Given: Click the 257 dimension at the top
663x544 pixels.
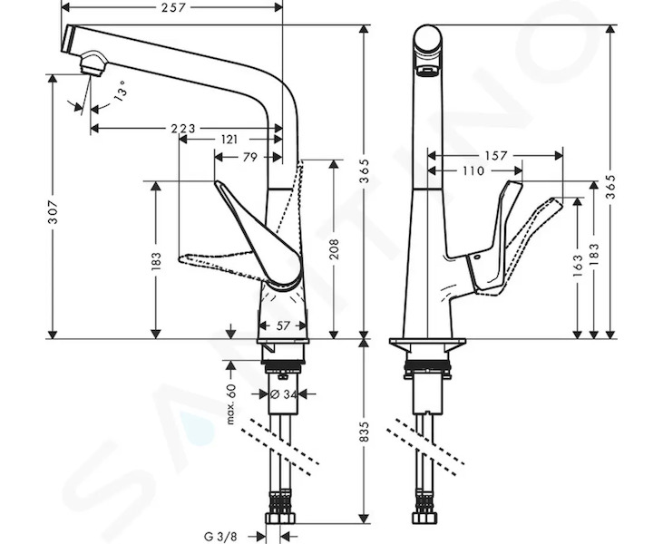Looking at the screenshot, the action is pos(173,7).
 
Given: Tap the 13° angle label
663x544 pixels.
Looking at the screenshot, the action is pos(121,92).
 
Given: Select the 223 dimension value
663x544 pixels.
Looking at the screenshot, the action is pos(183,129).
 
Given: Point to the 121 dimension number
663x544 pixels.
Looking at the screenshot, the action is pos(229,139).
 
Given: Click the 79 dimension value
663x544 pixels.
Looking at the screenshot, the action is pos(250,157).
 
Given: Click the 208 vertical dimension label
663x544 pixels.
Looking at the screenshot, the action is pos(334,249).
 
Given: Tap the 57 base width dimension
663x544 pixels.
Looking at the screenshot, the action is pos(283,325).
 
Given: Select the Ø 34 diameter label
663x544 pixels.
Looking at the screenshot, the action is pos(283,394).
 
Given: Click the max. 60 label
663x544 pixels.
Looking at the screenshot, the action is pos(230,404).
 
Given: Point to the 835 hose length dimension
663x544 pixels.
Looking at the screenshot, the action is pos(364,432).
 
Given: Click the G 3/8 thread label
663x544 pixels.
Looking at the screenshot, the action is pos(220,537).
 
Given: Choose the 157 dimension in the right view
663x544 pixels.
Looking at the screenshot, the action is pos(495,156).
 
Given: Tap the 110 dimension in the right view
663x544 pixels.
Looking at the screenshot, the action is pos(473,170).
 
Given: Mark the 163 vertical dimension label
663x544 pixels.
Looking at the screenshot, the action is pos(578,266).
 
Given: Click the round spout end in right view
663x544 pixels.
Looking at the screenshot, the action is pos(426,40).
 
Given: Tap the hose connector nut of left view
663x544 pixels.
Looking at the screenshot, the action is pos(279,519).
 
